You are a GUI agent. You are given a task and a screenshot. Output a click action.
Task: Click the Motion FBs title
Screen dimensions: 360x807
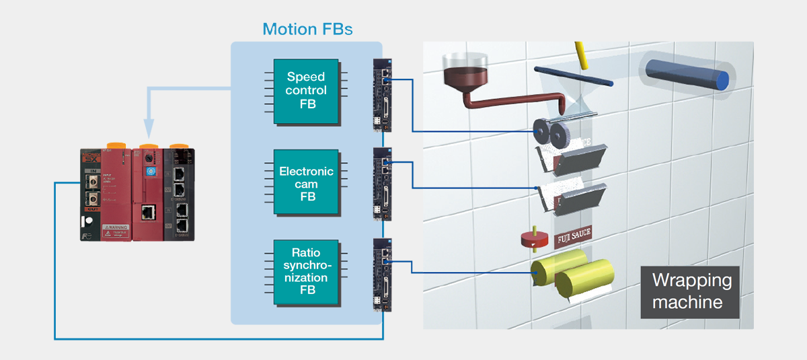pos(307,29)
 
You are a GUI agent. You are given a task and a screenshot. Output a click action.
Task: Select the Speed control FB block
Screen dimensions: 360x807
pos(306,90)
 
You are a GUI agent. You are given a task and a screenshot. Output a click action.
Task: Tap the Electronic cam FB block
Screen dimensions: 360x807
pos(306,184)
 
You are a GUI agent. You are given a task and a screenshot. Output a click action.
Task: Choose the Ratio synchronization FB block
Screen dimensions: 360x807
pos(306,272)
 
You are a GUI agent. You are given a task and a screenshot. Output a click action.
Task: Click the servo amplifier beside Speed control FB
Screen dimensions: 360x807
pos(381,94)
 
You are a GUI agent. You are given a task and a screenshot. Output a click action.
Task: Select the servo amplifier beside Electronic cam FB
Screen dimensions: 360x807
pos(381,184)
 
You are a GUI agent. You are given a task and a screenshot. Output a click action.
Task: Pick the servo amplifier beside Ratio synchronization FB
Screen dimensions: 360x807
pos(381,275)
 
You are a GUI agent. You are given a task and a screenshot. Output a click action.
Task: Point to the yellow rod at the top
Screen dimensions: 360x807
pos(580,56)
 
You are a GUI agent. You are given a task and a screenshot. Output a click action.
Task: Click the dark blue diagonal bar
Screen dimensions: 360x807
pos(574,75)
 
